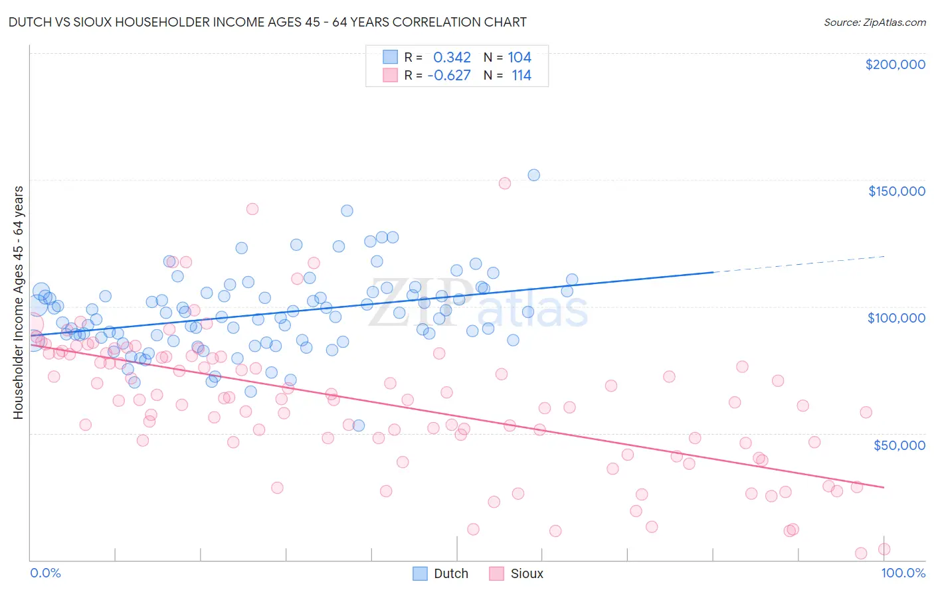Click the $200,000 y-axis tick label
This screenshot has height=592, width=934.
point(895,64)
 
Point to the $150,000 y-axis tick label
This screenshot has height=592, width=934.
point(896,191)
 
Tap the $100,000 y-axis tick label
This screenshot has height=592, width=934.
point(896,318)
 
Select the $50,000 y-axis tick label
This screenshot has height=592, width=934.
point(899,445)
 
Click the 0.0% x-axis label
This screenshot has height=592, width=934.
point(45,573)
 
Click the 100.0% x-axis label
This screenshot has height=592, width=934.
point(903,573)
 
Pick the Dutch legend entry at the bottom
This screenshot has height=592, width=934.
point(441,573)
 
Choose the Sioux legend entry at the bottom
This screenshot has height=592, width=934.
point(516,573)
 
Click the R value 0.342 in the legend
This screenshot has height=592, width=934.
point(452,58)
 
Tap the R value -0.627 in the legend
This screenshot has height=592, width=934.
point(449,76)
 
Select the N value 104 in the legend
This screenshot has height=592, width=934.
point(519,58)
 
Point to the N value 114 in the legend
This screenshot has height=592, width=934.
point(521,76)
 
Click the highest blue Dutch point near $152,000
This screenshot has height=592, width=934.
point(533,175)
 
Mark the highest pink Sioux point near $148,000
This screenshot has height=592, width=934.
point(504,183)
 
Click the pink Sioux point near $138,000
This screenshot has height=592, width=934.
point(252,209)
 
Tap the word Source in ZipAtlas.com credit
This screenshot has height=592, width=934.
point(842,23)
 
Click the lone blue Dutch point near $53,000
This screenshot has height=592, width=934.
point(358,425)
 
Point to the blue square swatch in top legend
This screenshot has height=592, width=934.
point(390,58)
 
